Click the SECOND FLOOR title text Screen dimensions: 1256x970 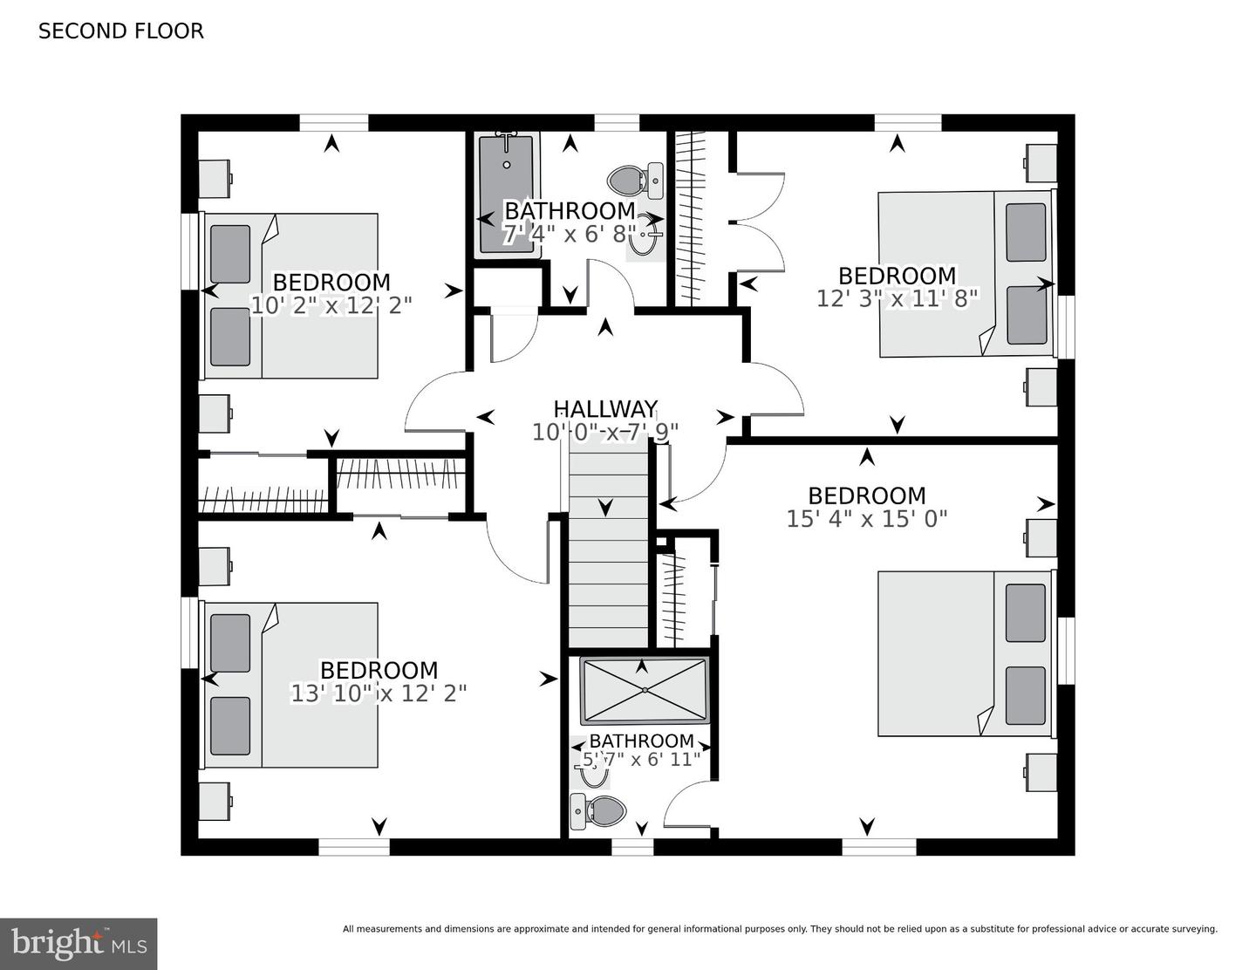tap(120, 31)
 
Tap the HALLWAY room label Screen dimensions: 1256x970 tap(605, 409)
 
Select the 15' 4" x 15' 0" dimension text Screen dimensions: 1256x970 tap(867, 518)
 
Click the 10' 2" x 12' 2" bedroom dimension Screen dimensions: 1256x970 tap(331, 304)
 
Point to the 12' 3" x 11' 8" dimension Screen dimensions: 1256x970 tap(897, 298)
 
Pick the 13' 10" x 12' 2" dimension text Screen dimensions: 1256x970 tap(378, 693)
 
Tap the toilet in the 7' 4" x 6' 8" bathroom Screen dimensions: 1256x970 tap(635, 179)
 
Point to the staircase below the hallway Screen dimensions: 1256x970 tap(608, 550)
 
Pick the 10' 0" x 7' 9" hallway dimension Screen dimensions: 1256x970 tap(605, 432)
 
